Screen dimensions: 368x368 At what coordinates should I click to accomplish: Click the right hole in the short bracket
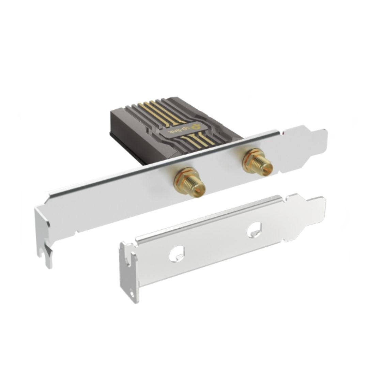click(255, 229)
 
